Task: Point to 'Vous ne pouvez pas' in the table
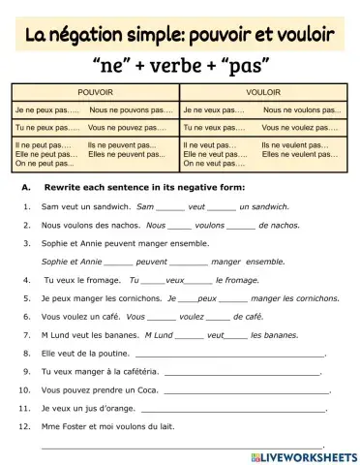(132, 127)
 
